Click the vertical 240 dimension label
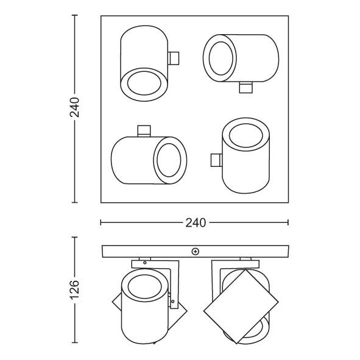tap(75, 108)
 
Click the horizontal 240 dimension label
tap(194, 222)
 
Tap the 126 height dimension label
tap(75, 291)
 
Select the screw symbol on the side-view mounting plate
tap(195, 250)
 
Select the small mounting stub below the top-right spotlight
tap(246, 88)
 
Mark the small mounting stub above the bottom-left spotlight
tap(144, 130)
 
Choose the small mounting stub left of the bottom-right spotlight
tap(216, 160)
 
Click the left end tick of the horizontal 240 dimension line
tap(102, 222)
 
